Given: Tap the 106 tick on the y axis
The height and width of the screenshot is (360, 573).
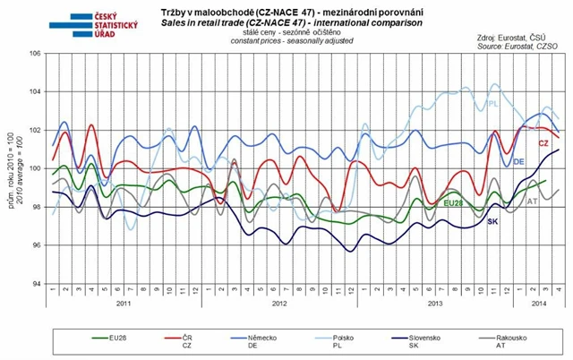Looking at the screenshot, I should pos(39,54).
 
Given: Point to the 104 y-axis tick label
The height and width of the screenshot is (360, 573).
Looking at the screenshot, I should pos(39,92).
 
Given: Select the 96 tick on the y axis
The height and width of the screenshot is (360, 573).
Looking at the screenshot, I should pos(40,245).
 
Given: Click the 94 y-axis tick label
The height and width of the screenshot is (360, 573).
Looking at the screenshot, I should pos(40,284).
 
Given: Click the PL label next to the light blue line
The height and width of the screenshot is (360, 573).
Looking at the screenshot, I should pos(493,105).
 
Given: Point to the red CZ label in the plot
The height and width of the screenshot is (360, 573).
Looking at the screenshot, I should pos(543,144).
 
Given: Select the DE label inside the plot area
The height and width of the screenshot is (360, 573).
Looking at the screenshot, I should pos(518,161).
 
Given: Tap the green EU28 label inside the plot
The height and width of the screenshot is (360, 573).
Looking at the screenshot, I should pos(457,204).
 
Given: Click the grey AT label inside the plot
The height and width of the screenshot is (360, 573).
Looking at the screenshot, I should pos(532,202).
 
